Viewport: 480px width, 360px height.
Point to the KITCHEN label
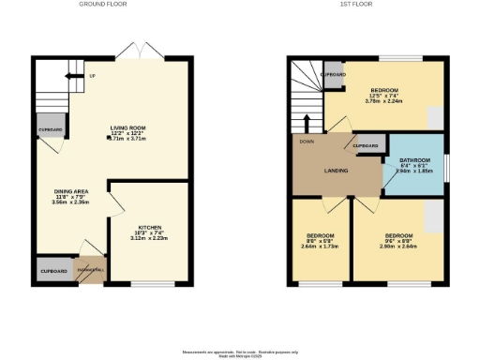point(152,228)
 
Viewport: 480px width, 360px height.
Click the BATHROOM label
point(414,160)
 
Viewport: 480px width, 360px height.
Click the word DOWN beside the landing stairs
point(307,142)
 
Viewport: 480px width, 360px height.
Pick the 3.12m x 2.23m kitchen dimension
point(152,238)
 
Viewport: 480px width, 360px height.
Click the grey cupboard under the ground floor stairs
point(51,129)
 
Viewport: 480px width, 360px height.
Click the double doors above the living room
point(139,49)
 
